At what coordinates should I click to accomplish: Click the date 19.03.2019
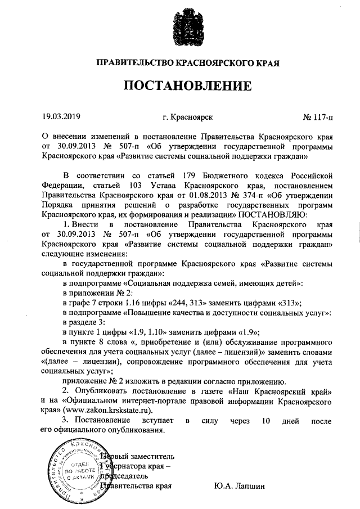pyautogui.click(x=62, y=118)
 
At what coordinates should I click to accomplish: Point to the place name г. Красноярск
pyautogui.click(x=187, y=118)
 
